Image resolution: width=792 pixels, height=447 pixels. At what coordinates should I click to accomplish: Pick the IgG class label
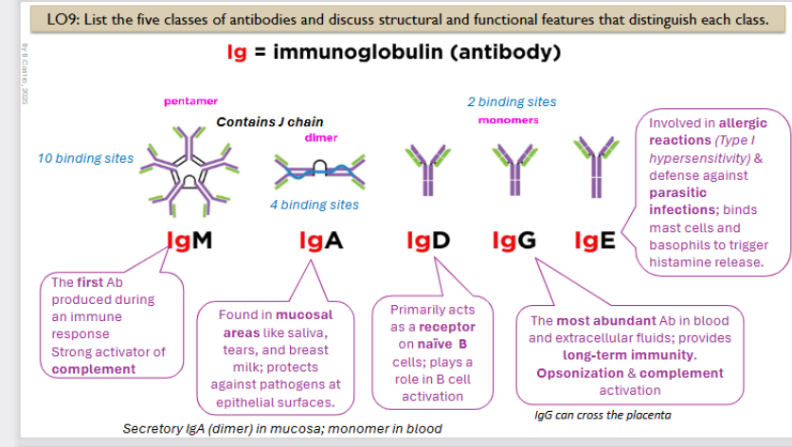pos(514,241)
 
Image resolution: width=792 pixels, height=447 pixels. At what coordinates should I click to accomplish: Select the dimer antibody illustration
pos(313,170)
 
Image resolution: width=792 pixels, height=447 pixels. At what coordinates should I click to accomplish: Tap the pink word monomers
pos(508,120)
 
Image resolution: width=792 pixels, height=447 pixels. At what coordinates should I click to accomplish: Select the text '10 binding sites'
pos(85,158)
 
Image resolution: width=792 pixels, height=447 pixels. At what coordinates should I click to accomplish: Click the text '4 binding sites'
pos(314,205)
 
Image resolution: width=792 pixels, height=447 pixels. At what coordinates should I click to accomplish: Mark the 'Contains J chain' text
pos(269,121)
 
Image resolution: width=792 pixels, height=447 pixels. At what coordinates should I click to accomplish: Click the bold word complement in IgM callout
pos(93,368)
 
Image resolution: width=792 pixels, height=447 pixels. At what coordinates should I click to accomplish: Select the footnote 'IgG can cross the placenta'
pos(596,414)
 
